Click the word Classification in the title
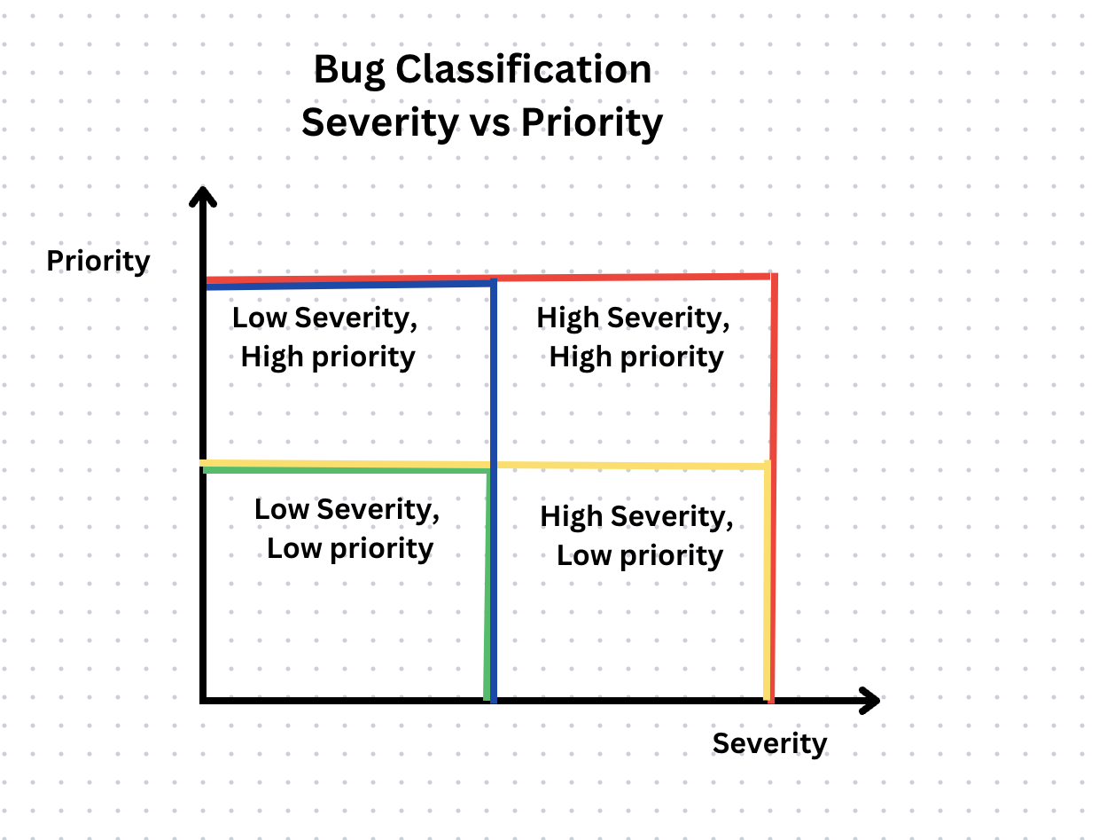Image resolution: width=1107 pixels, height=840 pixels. click(523, 69)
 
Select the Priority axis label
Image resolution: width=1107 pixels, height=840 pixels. click(98, 262)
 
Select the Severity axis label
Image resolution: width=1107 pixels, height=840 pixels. click(769, 743)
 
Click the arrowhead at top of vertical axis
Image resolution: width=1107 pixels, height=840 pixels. click(204, 197)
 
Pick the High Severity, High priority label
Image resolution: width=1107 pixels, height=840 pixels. click(635, 337)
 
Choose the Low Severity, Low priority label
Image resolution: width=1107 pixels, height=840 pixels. click(348, 529)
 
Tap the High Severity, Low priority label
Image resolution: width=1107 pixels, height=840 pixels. click(638, 536)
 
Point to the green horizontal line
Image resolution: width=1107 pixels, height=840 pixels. click(346, 470)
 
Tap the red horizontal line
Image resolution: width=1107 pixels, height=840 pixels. click(629, 277)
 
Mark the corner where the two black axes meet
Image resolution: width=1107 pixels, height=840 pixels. click(204, 701)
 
